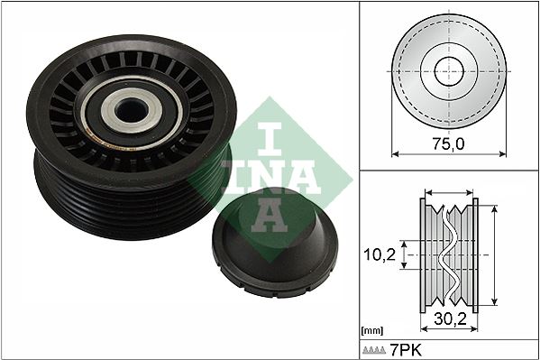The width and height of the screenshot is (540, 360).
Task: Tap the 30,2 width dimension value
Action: point(449,318)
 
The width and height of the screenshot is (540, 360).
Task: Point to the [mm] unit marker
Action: point(371,330)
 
